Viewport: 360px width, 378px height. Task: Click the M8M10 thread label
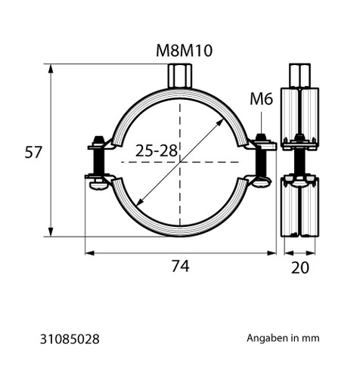184,51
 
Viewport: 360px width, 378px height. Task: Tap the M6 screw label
261,98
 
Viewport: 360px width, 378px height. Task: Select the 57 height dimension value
33,152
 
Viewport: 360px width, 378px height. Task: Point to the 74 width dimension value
181,266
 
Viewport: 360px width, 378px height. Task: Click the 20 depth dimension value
299,268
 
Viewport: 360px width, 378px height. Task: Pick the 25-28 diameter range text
157,151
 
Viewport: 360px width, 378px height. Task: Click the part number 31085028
70,339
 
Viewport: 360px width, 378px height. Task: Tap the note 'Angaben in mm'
283,338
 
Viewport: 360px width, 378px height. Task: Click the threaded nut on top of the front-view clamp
180,76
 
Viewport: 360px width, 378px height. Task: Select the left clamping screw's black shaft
98,162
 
